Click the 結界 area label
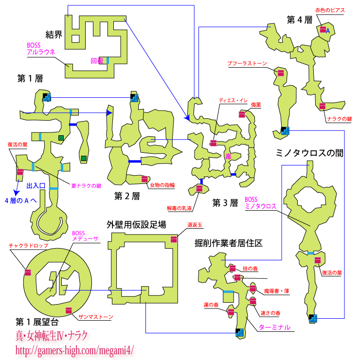pyautogui.click(x=54, y=34)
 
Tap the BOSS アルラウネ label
pyautogui.click(x=41, y=49)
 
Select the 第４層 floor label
pyautogui.click(x=299, y=20)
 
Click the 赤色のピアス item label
pyautogui.click(x=329, y=10)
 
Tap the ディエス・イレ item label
pyautogui.click(x=233, y=100)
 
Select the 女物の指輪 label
pyautogui.click(x=162, y=185)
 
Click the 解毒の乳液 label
pyautogui.click(x=180, y=208)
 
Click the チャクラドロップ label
pyautogui.click(x=28, y=246)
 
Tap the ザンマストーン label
pyautogui.click(x=95, y=317)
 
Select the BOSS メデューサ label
pyautogui.click(x=86, y=236)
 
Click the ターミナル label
pyautogui.click(x=274, y=327)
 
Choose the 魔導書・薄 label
pyautogui.click(x=276, y=291)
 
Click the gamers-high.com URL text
pyautogui.click(x=74, y=350)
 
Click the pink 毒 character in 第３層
pyautogui.click(x=228, y=156)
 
